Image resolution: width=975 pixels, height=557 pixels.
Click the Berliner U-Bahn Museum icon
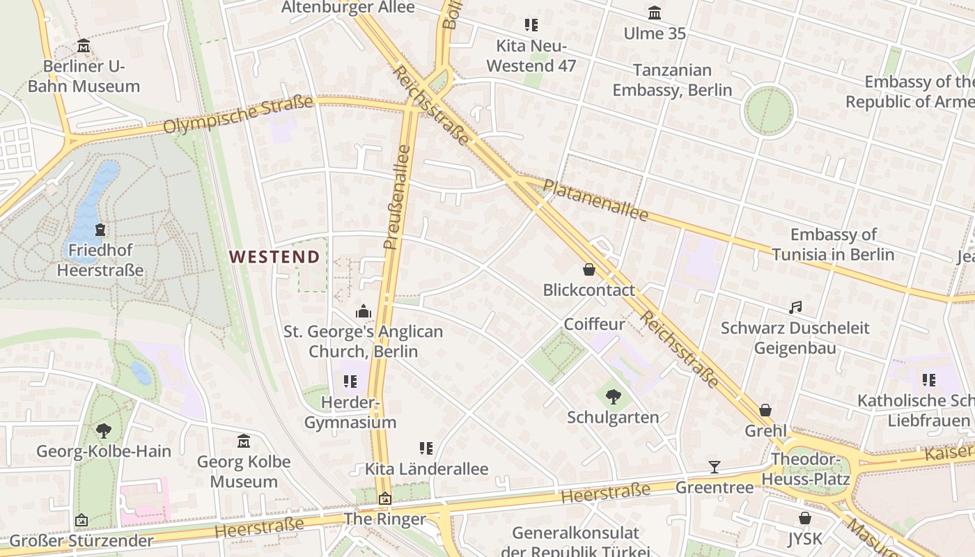click(84, 47)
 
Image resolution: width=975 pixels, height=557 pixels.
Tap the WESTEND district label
click(274, 257)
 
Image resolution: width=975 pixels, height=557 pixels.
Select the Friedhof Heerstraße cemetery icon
click(100, 229)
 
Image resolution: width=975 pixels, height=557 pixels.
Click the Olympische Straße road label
click(238, 115)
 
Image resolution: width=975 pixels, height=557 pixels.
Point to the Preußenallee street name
click(397, 196)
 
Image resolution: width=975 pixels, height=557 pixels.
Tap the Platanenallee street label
click(595, 200)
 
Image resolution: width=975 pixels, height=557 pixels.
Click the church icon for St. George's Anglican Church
click(363, 311)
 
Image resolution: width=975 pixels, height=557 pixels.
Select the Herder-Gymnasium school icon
click(350, 382)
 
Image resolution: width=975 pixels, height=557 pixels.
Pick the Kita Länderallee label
click(426, 469)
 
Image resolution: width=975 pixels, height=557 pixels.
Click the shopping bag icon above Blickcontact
click(589, 269)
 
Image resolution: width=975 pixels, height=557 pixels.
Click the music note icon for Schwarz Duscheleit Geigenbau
click(795, 307)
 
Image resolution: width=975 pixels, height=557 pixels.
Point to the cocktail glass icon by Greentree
click(714, 467)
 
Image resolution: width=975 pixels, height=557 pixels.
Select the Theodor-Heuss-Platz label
click(806, 469)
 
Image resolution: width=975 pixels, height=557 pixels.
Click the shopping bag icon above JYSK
click(805, 518)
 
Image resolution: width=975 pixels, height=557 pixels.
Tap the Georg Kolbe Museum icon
click(244, 441)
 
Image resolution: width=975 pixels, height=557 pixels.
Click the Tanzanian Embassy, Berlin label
click(672, 80)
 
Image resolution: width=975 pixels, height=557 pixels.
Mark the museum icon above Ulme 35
click(655, 13)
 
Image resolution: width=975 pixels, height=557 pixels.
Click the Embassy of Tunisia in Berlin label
click(833, 244)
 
